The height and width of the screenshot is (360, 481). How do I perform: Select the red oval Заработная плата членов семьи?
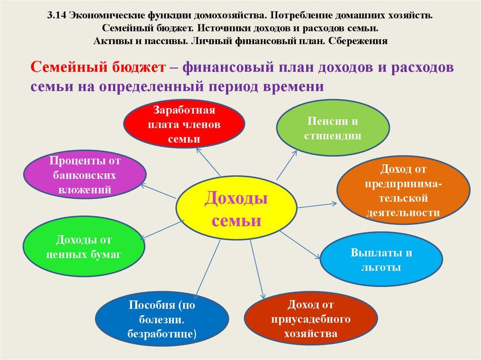[184, 124]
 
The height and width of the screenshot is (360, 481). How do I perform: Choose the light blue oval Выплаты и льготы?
[381, 260]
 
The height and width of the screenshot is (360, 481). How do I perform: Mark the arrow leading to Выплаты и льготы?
[307, 244]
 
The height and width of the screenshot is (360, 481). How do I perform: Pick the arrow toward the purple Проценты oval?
[160, 192]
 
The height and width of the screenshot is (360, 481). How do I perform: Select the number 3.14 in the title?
[56, 15]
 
